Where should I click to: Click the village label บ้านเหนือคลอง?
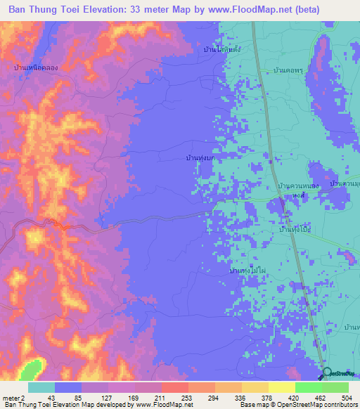click(31, 66)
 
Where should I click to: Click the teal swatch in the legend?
click(41, 387)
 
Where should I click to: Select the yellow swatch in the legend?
click(281, 387)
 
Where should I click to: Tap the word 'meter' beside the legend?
click(12, 397)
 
